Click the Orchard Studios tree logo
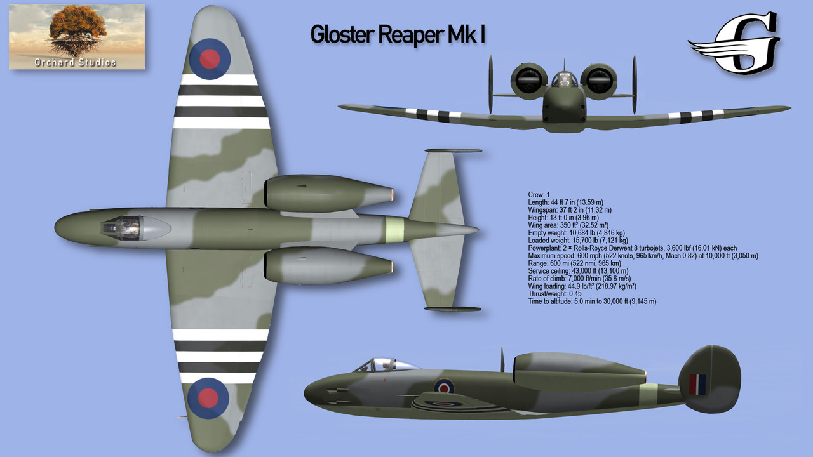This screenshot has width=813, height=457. (x=76, y=32)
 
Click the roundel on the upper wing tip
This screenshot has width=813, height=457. (x=210, y=59)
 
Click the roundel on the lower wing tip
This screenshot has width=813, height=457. (x=208, y=398)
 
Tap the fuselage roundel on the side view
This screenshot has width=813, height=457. (x=444, y=386)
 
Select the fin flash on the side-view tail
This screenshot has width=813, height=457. (x=697, y=384)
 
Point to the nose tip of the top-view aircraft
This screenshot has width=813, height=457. (x=57, y=227)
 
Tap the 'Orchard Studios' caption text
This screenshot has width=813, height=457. (x=76, y=62)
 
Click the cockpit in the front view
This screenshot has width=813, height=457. (x=563, y=80)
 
